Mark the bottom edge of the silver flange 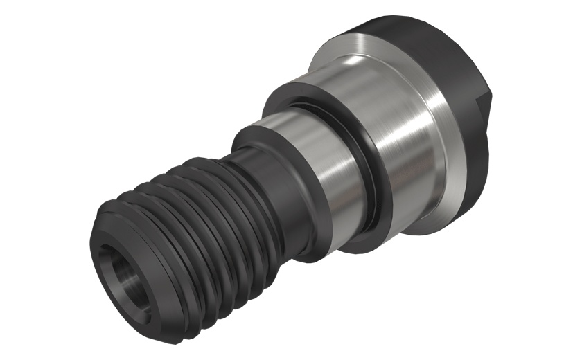pos(443,222)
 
